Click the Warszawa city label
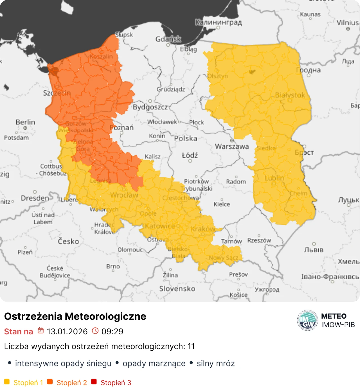pyautogui.click(x=232, y=146)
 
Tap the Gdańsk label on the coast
pyautogui.click(x=168, y=39)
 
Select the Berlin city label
pyautogui.click(x=25, y=122)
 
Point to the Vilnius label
pyautogui.click(x=348, y=22)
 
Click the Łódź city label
pyautogui.click(x=190, y=155)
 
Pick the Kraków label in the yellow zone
pyautogui.click(x=203, y=229)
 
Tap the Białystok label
pyautogui.click(x=290, y=95)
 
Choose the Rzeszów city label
pyautogui.click(x=259, y=240)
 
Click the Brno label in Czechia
pyautogui.click(x=113, y=266)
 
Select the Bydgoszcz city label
pyautogui.click(x=150, y=107)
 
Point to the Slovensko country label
pyautogui.click(x=177, y=289)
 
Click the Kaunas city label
pyautogui.click(x=310, y=14)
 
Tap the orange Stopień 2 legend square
pyautogui.click(x=50, y=382)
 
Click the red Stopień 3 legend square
pyautogui.click(x=94, y=382)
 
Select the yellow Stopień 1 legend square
pyautogui.click(x=7, y=382)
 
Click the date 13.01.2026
pyautogui.click(x=67, y=332)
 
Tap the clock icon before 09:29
pyautogui.click(x=95, y=331)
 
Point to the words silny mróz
pyautogui.click(x=215, y=364)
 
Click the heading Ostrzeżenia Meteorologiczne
pyautogui.click(x=75, y=316)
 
